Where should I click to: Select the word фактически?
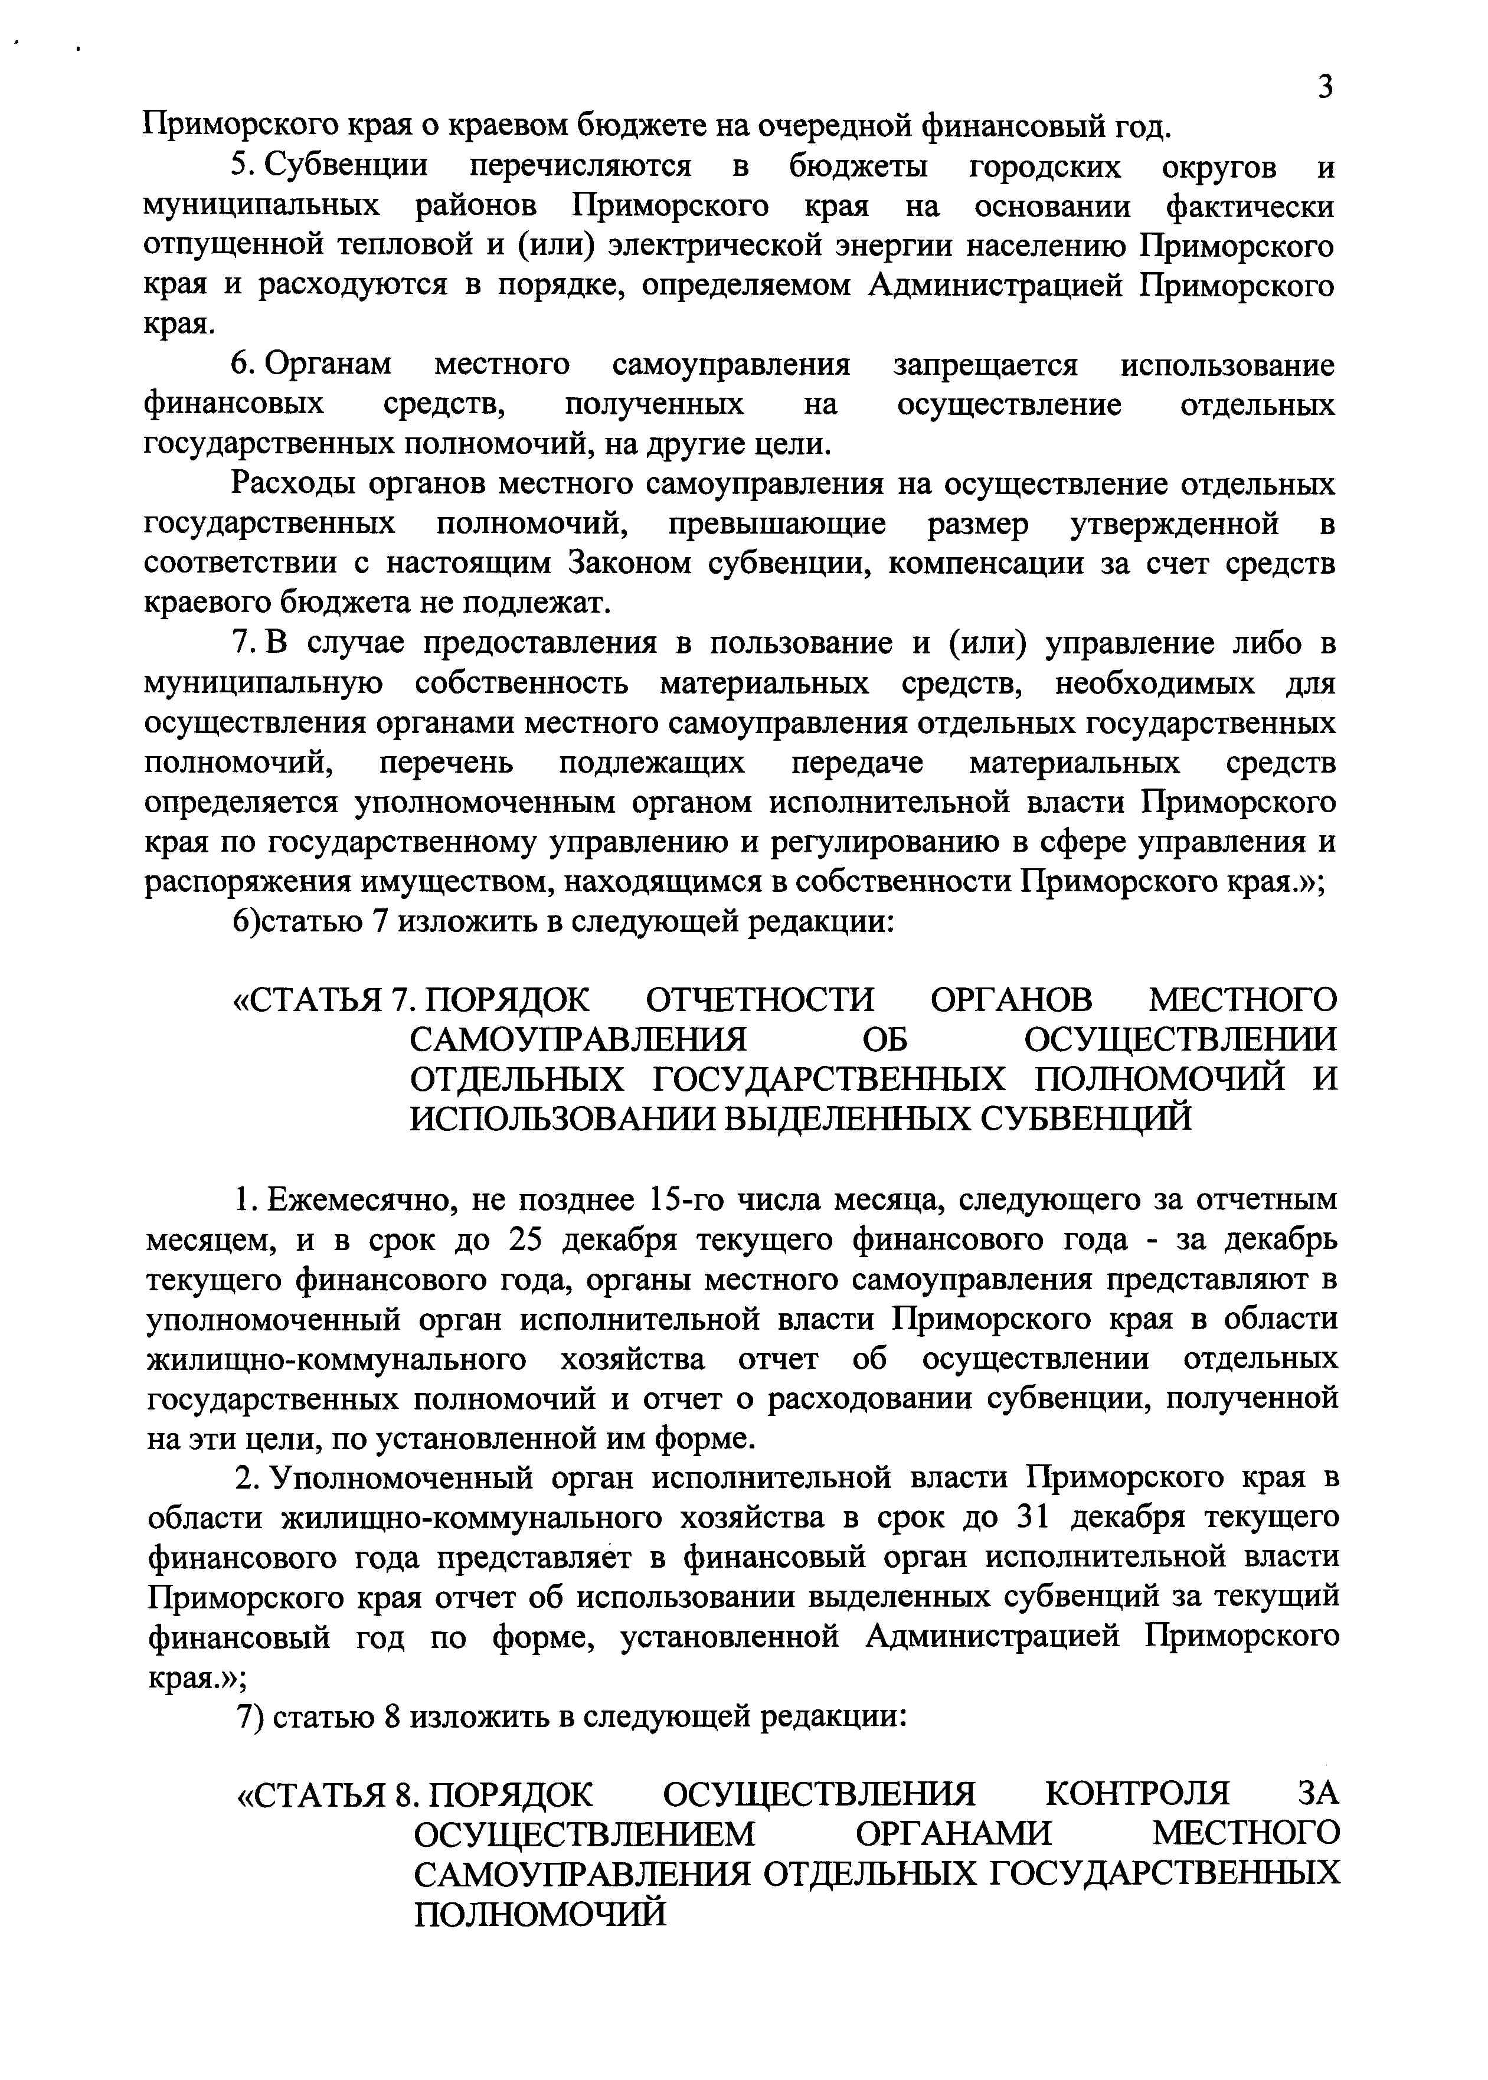coord(1250,207)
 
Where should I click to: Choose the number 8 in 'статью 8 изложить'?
coord(393,1716)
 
